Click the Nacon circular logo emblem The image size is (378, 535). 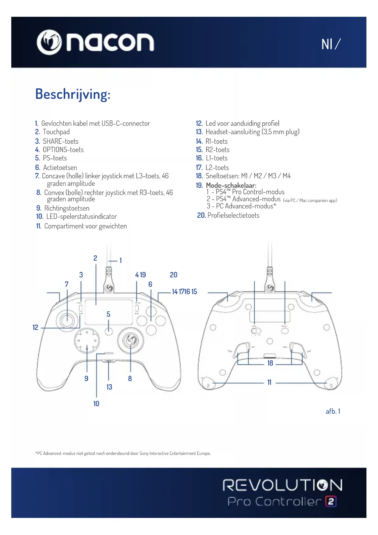coord(49,42)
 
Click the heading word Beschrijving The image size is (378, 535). coord(72,94)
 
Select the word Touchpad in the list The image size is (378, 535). coord(56,132)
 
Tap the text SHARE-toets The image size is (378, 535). coord(61,141)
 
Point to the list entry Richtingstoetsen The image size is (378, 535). coord(67,208)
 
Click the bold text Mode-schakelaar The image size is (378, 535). coord(231,185)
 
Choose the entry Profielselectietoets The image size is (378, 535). coord(233,215)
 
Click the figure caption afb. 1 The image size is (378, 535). coord(333,411)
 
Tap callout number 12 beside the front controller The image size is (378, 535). coord(35,327)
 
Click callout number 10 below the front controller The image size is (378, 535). coord(96,404)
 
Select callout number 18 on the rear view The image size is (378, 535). coord(270,363)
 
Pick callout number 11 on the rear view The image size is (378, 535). coord(269,382)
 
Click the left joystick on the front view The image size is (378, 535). coord(67,320)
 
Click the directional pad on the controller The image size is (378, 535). coord(87,341)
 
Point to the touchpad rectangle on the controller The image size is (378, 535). coord(109,312)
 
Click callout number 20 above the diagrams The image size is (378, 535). coord(174,275)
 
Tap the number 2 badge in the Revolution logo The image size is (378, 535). coord(331,501)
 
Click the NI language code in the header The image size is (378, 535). coord(327,44)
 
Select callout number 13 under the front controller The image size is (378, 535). coord(109,387)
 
